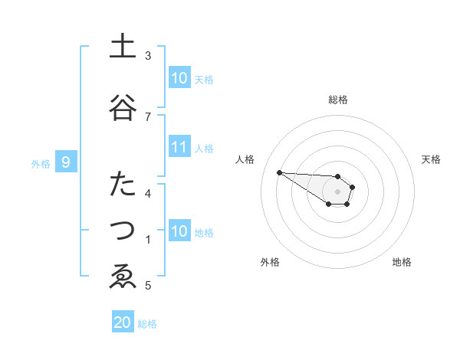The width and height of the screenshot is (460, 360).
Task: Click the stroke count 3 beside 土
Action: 148,56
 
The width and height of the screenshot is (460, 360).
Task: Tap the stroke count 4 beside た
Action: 148,192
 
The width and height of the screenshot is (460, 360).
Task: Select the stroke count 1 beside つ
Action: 148,240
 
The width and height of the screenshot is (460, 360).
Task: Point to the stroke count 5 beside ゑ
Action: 148,286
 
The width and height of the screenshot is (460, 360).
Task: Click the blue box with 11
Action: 179,148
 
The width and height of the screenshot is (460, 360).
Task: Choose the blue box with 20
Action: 123,322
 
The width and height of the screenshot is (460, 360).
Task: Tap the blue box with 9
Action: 67,162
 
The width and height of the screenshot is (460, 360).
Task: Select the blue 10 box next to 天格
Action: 179,78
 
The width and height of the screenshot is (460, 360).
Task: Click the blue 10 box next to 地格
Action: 179,231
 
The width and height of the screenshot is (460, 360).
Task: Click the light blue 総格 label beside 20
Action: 147,324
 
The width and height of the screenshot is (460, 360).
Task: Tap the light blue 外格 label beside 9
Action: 41,163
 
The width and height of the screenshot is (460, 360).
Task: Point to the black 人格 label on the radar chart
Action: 245,159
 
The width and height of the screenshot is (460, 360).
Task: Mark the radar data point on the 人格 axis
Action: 279,172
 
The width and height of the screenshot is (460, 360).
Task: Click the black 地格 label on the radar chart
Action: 402,262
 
